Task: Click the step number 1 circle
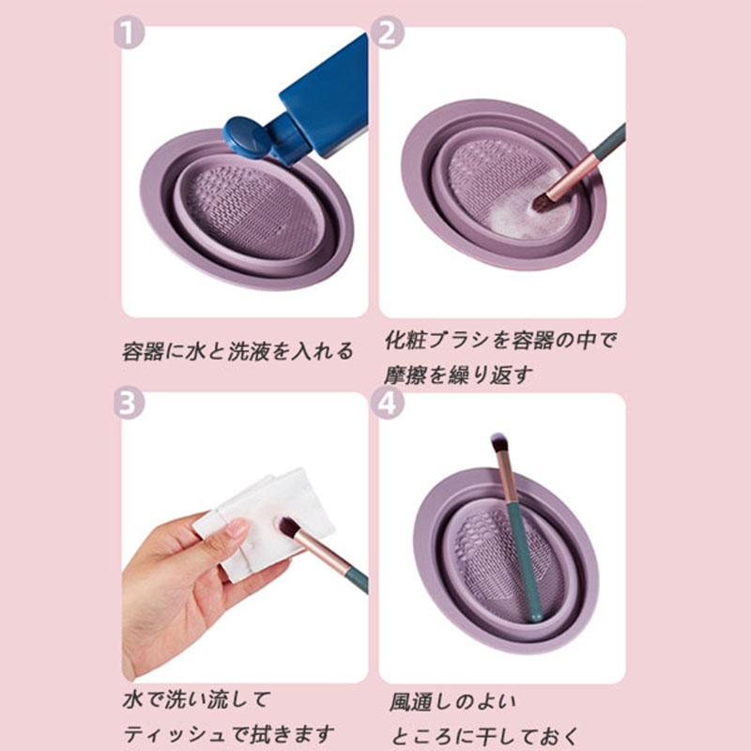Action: pyautogui.click(x=129, y=33)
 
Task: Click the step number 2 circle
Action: pyautogui.click(x=387, y=33)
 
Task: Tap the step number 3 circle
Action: pyautogui.click(x=129, y=404)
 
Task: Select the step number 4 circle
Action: pyautogui.click(x=387, y=404)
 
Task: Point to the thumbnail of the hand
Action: pyautogui.click(x=238, y=528)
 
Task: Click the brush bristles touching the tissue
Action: pyautogui.click(x=289, y=527)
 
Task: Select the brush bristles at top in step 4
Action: pyautogui.click(x=498, y=442)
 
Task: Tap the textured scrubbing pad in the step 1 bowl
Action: pyautogui.click(x=253, y=210)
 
